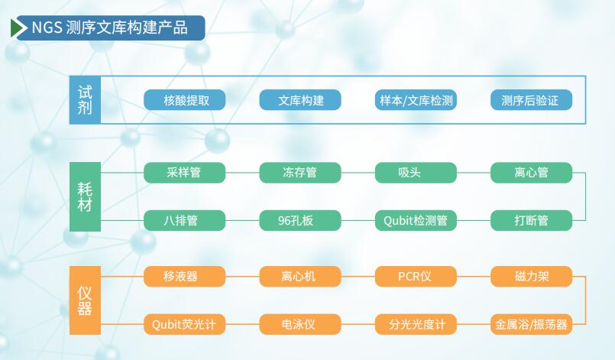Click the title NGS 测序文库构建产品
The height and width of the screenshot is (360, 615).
point(109,28)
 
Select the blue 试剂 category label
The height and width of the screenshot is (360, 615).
point(84,99)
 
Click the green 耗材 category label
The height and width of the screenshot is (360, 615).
point(84,196)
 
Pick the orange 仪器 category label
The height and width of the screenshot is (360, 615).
point(84,300)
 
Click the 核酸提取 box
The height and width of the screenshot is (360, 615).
point(184,100)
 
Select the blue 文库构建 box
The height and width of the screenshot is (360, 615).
point(300,100)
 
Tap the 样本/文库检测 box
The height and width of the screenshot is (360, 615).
point(416,100)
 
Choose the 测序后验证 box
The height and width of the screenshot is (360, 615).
point(531,100)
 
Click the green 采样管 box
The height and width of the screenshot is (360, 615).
point(184,173)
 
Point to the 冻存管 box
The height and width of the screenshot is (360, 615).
point(300,173)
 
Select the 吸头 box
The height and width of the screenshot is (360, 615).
point(416,173)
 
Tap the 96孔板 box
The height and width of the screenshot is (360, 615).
point(300,221)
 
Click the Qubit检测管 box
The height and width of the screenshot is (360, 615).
point(416,221)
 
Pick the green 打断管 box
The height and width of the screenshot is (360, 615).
point(531,221)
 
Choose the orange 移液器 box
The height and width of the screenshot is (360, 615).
point(184,276)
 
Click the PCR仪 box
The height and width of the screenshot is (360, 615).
point(416,276)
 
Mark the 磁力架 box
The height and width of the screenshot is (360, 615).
point(531,276)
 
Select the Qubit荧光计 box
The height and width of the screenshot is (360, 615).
point(184,325)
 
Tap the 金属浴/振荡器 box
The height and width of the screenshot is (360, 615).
point(531,325)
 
